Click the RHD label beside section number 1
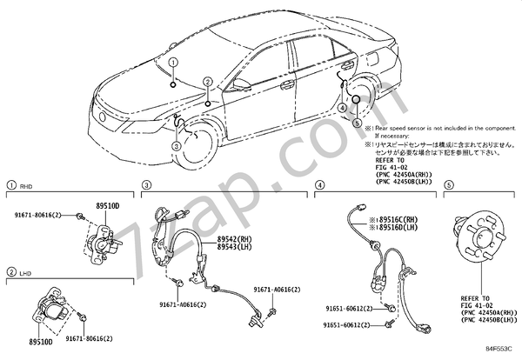(x=27, y=185)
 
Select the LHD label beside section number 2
(x=27, y=273)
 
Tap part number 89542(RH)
(x=233, y=238)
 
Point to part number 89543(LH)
(x=233, y=247)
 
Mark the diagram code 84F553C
(x=498, y=352)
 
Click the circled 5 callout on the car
(x=357, y=123)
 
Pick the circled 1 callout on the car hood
(x=174, y=63)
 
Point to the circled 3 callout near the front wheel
(x=177, y=146)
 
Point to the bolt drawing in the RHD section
(x=79, y=215)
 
